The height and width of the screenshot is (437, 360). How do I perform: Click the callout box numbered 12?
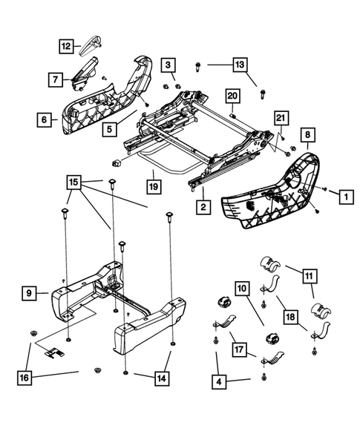(66, 47)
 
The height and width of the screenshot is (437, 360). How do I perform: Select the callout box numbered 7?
(55, 76)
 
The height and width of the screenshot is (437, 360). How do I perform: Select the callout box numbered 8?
(308, 134)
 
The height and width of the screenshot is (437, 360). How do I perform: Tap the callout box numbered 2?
(201, 208)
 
